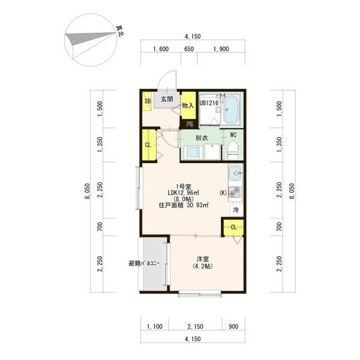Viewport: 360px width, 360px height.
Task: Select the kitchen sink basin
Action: point(235,173)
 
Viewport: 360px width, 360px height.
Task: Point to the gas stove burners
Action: point(235,193)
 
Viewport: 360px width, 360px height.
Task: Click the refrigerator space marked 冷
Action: point(236,209)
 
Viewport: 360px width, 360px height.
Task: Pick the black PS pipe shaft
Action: point(190,124)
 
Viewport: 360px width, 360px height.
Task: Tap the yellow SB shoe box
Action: point(147,101)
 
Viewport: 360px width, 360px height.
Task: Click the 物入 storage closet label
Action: point(188,106)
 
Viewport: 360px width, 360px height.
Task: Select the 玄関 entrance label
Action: point(167,99)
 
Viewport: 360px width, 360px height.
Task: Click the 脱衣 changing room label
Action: point(202,138)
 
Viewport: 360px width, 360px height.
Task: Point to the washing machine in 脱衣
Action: point(193,152)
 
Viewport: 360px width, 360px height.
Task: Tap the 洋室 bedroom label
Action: point(203,259)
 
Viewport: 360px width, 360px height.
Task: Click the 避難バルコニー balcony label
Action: point(144,263)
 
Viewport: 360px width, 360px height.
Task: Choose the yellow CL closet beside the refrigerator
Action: point(233,227)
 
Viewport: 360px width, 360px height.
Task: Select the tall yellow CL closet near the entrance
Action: point(149,145)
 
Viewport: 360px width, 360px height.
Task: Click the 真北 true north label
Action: point(120,31)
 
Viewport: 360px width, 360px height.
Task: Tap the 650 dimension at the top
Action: point(189,49)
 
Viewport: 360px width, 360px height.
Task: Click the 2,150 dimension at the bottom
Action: point(195,326)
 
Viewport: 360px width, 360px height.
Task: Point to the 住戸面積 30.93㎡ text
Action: point(184,205)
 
